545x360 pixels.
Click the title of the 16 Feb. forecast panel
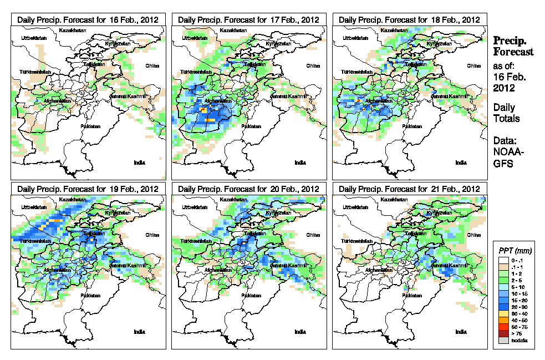pyautogui.click(x=88, y=19)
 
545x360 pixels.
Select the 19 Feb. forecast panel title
pyautogui.click(x=88, y=189)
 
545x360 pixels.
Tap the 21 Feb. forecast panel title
pyautogui.click(x=409, y=189)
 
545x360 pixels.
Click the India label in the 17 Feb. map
pyautogui.click(x=300, y=162)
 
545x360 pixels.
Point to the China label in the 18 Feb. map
pyautogui.click(x=473, y=65)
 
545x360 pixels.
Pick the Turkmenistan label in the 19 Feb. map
pyautogui.click(x=35, y=241)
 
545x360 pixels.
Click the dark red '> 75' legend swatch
pyautogui.click(x=503, y=333)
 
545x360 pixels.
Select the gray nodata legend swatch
pyautogui.click(x=503, y=340)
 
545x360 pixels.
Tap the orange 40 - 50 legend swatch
pyautogui.click(x=503, y=320)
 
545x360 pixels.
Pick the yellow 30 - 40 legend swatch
pyautogui.click(x=503, y=313)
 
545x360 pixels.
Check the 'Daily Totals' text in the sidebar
pyautogui.click(x=506, y=113)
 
